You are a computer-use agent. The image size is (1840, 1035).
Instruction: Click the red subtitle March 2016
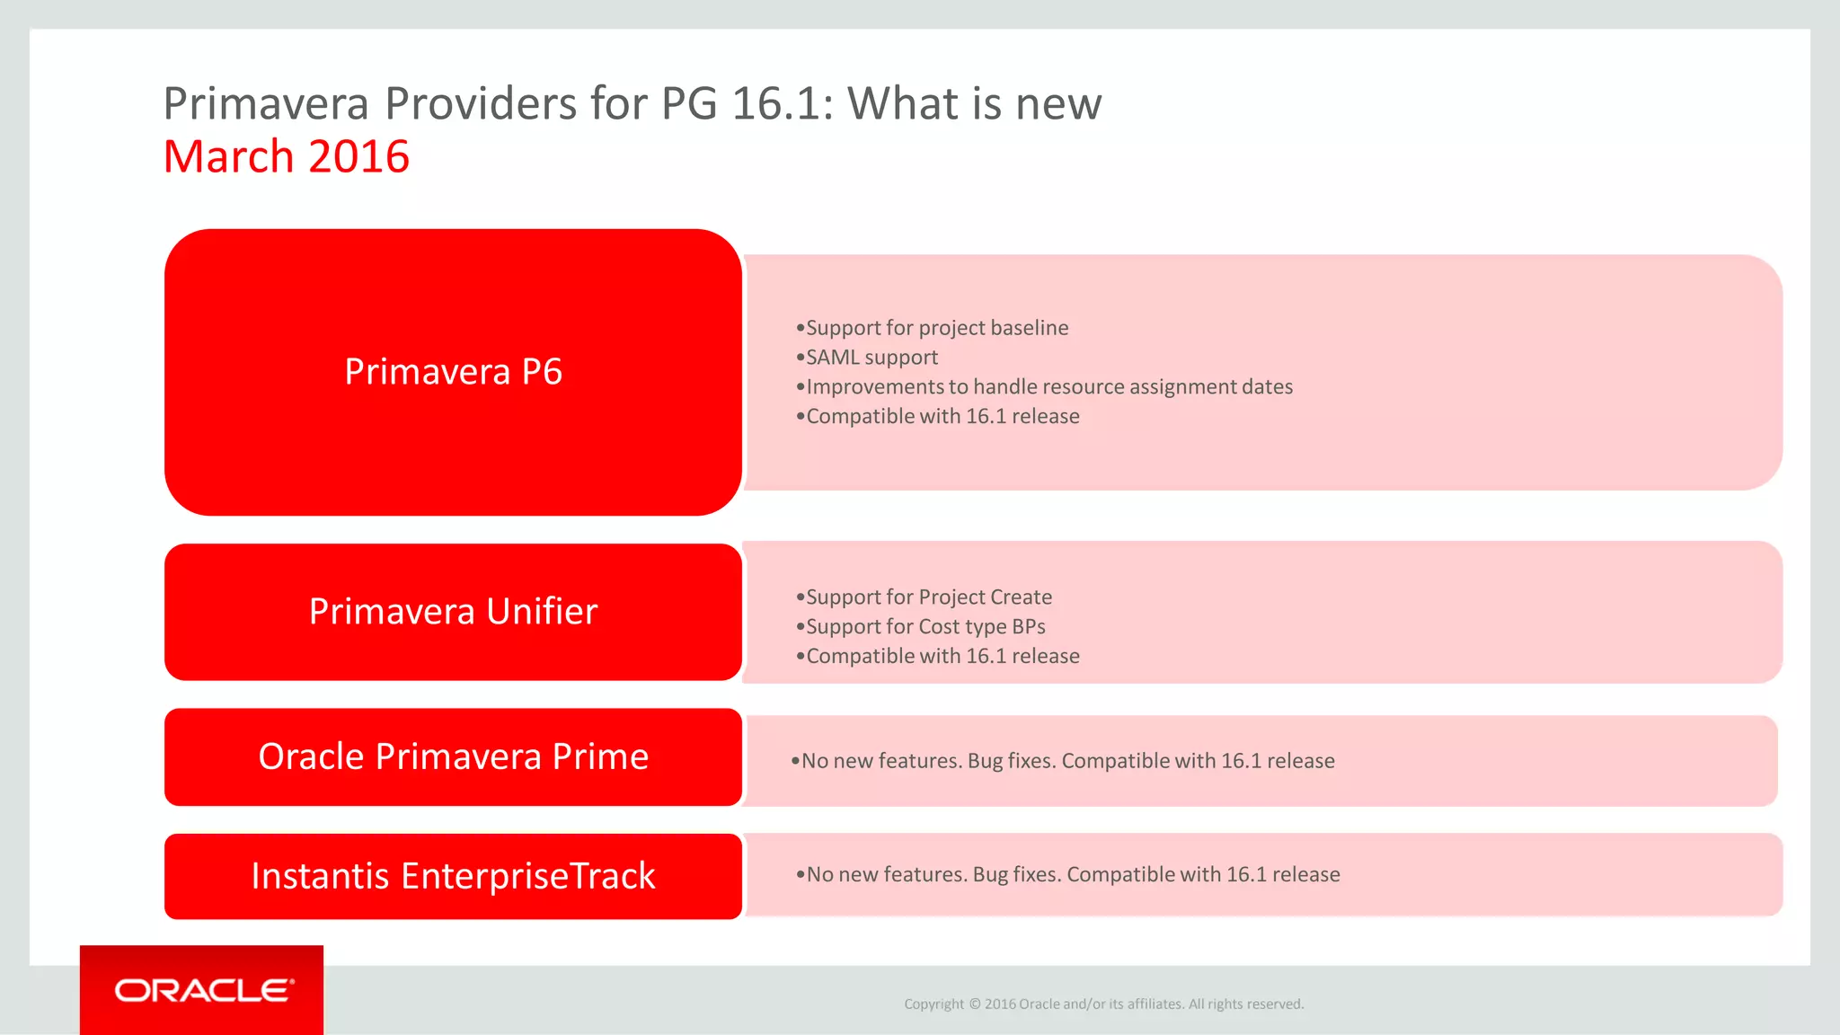(x=286, y=157)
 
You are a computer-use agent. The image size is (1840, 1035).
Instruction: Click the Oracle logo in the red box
(x=203, y=990)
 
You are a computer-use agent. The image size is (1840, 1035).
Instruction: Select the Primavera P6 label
(x=453, y=372)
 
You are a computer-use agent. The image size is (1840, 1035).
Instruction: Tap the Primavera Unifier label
(x=453, y=612)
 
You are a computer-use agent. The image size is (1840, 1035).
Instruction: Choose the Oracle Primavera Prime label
(x=453, y=757)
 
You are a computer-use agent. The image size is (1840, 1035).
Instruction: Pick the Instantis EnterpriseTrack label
(x=453, y=876)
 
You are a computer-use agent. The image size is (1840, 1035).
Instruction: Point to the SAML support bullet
(x=871, y=358)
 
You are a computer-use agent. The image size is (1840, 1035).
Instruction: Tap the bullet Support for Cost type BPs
(x=924, y=627)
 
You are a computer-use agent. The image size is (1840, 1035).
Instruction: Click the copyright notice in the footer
(x=1103, y=1004)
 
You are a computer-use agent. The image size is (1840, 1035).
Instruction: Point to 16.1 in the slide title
(x=775, y=104)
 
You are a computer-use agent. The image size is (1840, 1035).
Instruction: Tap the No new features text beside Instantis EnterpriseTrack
(x=1072, y=875)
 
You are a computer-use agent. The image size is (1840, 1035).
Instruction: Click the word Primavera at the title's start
(x=266, y=104)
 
